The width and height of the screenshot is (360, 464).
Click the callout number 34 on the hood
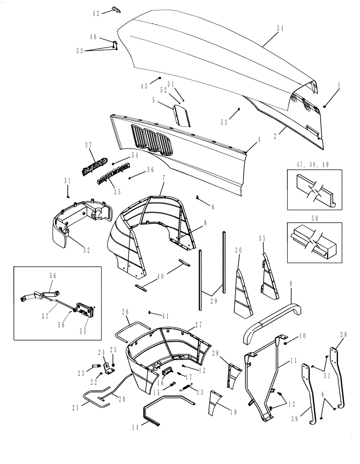280,28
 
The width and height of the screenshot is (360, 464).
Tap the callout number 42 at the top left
96,13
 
